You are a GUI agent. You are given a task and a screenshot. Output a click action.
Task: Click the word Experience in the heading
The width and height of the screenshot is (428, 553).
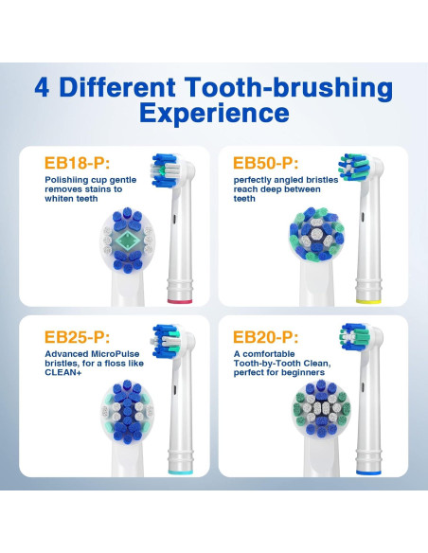pyautogui.click(x=213, y=114)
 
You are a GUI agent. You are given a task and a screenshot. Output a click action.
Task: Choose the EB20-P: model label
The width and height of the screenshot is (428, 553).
pyautogui.click(x=273, y=336)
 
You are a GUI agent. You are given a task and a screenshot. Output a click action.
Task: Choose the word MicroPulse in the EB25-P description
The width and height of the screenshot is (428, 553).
pyautogui.click(x=114, y=354)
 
